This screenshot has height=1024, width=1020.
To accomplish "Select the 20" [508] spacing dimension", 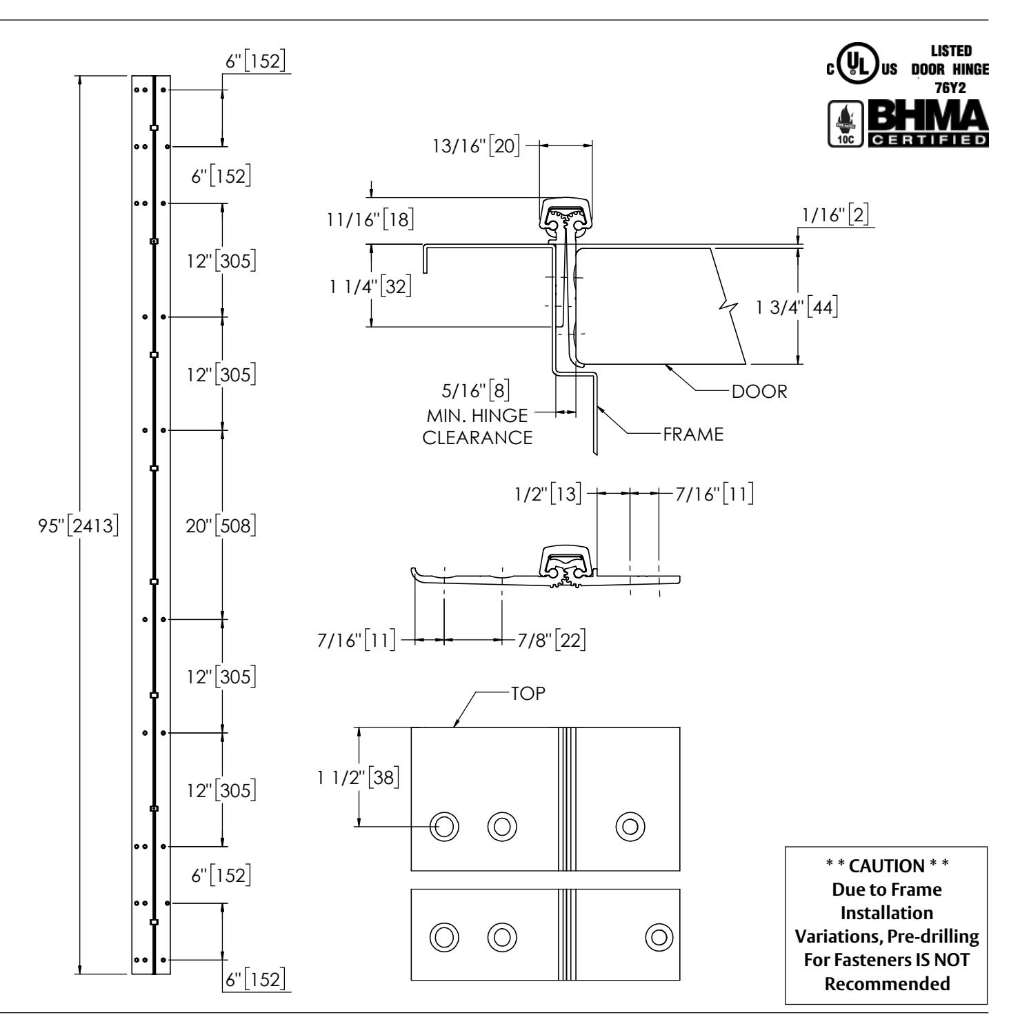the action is (x=221, y=525).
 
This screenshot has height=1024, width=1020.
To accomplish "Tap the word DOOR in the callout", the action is (x=759, y=392).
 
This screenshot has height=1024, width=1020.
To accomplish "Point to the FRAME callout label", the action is (x=693, y=434).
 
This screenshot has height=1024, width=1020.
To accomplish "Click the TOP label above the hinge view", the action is (x=528, y=693).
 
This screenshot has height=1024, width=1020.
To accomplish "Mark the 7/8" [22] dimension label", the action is (x=552, y=640).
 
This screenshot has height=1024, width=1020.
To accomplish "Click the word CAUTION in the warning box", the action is (x=886, y=866).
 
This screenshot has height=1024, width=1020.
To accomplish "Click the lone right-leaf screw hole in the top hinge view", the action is (x=630, y=825).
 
